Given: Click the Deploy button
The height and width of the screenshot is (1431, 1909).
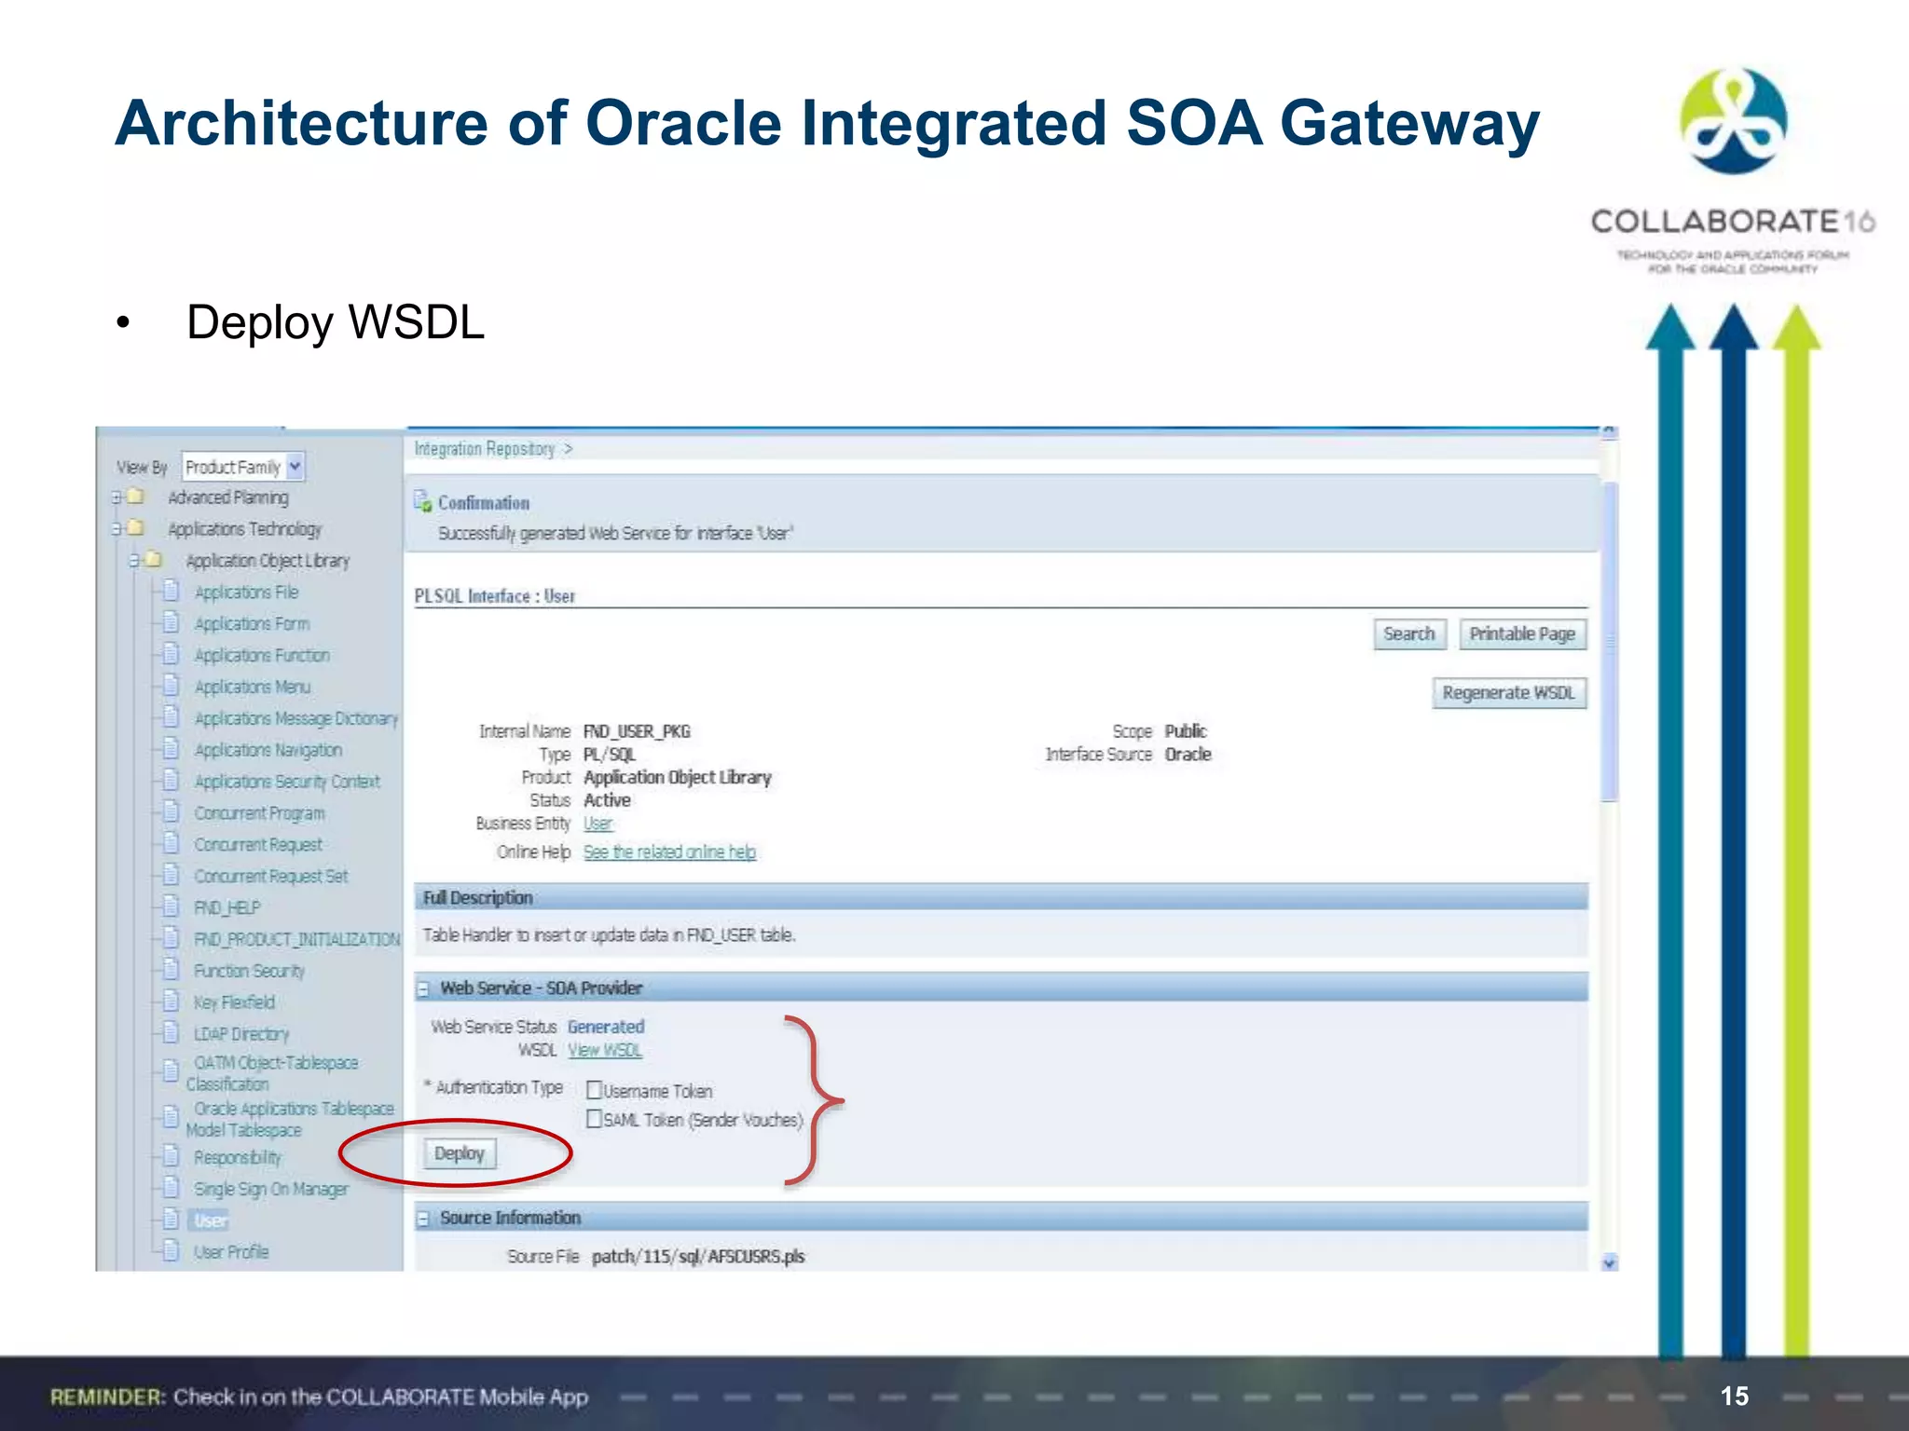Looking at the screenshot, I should tap(460, 1153).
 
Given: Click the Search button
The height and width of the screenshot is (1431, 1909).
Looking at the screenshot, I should tap(1408, 634).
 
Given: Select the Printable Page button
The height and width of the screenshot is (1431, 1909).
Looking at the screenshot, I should tap(1521, 634).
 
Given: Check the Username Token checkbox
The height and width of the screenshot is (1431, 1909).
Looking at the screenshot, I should tap(594, 1090).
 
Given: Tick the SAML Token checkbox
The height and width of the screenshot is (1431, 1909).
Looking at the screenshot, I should tap(594, 1119).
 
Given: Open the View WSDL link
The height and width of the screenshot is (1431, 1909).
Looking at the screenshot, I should tap(605, 1051).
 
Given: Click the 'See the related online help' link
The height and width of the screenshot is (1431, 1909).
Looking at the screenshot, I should tap(669, 852).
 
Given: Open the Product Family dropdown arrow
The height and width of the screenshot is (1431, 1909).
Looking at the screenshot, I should tap(295, 466).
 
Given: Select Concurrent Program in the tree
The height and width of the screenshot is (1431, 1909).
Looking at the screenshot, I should tap(259, 813).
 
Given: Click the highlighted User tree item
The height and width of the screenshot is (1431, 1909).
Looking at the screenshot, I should tap(211, 1220).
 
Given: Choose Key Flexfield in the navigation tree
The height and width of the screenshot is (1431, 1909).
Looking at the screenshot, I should tap(234, 1002).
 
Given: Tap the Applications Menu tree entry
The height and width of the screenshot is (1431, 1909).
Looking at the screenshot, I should tap(252, 688).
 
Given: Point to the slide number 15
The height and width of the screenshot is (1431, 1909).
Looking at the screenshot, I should tap(1734, 1396).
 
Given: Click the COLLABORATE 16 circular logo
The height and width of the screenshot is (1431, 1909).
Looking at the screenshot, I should tap(1733, 121).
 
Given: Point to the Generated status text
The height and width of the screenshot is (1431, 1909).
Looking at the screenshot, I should tap(606, 1027).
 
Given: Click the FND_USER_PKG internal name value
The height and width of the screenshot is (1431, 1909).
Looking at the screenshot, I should tap(637, 731).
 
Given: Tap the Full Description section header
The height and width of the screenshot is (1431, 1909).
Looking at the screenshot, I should tap(477, 898).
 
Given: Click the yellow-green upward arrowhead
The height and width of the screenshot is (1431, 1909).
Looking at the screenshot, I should tap(1796, 328).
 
